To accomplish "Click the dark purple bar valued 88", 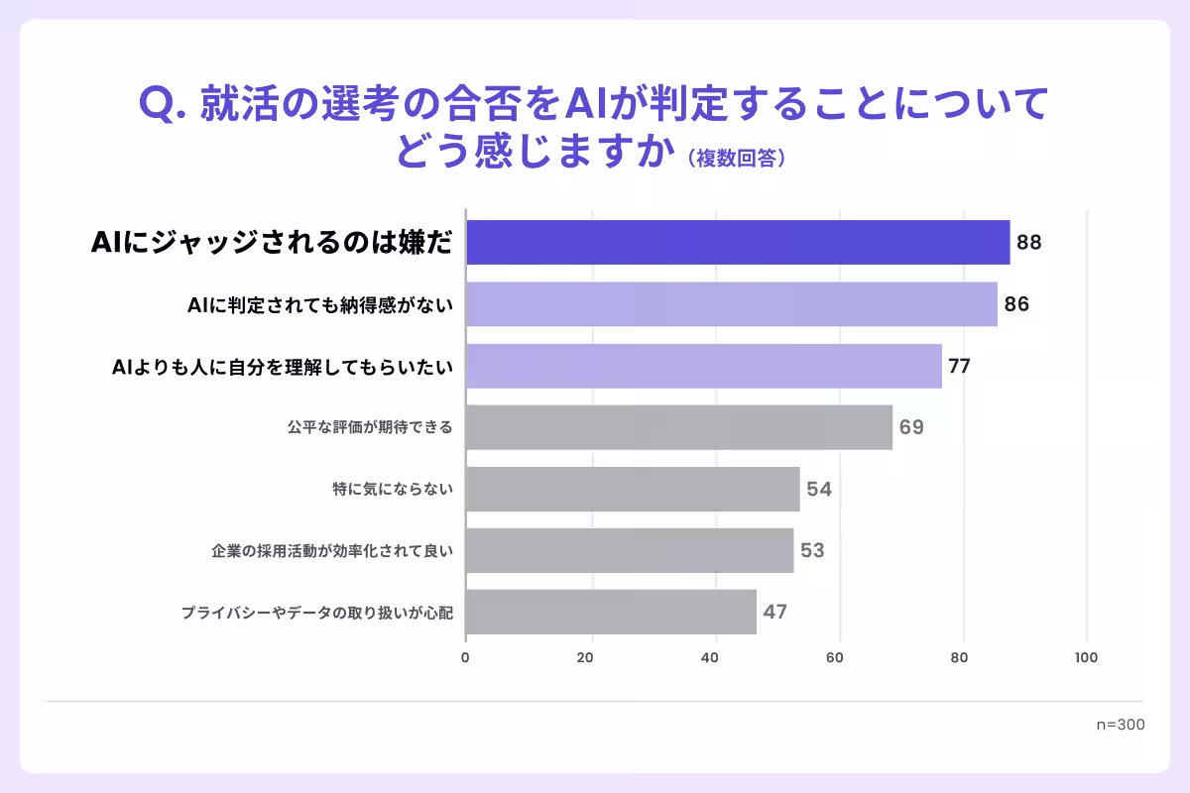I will click(x=738, y=243).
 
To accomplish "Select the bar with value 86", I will click(x=732, y=304).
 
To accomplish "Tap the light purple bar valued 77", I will click(x=704, y=366).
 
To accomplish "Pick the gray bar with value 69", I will click(x=679, y=427).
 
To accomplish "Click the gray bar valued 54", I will click(x=633, y=489).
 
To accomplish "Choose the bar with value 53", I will click(x=630, y=550).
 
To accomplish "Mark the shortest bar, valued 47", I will click(x=611, y=612).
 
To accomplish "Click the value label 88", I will click(x=1028, y=243).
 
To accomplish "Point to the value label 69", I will click(x=911, y=427).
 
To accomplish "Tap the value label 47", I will click(x=774, y=612).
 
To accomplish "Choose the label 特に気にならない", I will click(x=393, y=490).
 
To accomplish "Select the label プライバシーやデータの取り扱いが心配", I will click(x=316, y=613).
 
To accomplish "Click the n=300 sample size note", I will click(x=1121, y=725).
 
